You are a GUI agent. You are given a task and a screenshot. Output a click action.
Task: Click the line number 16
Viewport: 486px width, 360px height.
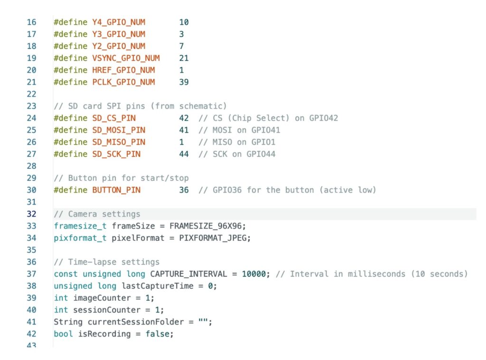point(31,22)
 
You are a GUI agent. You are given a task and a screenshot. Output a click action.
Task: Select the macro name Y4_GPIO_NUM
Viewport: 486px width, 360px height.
point(119,22)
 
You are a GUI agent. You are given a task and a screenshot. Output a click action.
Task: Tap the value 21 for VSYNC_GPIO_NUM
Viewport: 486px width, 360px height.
point(184,58)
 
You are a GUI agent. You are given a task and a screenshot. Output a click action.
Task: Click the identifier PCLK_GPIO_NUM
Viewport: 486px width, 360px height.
point(123,82)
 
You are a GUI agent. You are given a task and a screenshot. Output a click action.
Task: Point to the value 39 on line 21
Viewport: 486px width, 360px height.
point(184,82)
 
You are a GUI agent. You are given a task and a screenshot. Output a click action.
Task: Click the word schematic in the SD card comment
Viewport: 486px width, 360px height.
point(203,106)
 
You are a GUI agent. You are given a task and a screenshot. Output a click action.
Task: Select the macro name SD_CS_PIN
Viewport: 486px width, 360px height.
point(114,119)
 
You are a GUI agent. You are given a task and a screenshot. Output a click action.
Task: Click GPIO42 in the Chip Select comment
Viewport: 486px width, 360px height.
point(324,118)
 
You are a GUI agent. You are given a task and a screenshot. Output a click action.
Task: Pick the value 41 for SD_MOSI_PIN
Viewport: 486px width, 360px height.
point(184,130)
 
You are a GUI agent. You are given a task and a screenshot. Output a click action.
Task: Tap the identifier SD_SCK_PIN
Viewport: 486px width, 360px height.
point(116,154)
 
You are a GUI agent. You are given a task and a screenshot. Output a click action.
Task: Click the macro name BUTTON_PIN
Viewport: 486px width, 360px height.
point(116,190)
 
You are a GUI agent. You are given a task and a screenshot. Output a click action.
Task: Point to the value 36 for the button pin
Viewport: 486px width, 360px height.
point(184,190)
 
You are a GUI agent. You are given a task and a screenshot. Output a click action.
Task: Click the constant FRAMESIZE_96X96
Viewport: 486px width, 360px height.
point(205,226)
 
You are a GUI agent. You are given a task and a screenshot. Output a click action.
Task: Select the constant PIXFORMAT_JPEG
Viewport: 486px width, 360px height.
point(213,238)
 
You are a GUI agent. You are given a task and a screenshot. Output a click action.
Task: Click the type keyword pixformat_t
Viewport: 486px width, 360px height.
point(80,238)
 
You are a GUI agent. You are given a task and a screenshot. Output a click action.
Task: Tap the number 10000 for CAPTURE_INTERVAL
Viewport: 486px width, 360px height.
point(254,274)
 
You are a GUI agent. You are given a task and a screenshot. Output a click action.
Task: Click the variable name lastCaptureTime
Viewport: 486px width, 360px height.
point(158,286)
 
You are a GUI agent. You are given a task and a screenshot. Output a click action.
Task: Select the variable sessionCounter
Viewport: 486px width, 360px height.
point(107,310)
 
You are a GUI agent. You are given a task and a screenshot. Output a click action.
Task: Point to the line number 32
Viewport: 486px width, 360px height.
point(31,214)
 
